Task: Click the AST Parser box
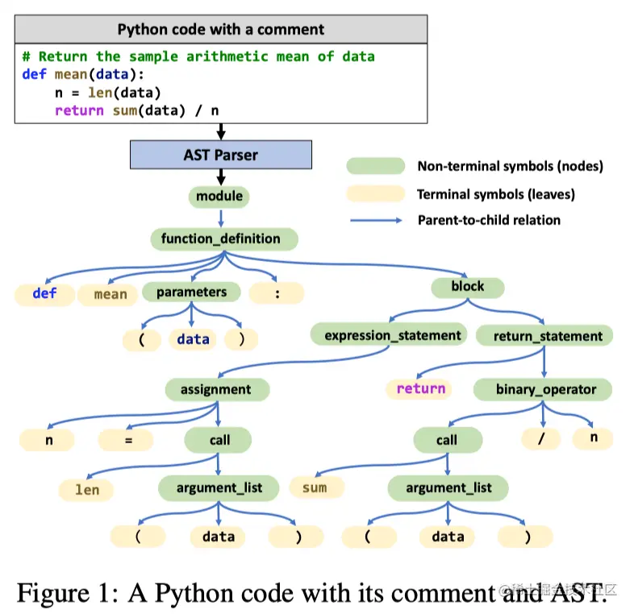[220, 155]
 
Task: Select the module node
[219, 196]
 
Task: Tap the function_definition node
[221, 239]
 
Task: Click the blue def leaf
[44, 293]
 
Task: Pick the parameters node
[192, 292]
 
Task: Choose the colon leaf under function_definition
[277, 293]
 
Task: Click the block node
[468, 286]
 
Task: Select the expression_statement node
[393, 335]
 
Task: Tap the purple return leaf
[421, 389]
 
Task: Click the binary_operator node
[546, 389]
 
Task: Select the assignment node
[215, 389]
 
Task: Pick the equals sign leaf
[127, 440]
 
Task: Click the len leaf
[87, 489]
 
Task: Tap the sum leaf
[315, 487]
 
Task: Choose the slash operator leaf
[541, 438]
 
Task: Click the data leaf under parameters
[193, 339]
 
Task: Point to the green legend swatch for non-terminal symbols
[375, 167]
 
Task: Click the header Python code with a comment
[221, 30]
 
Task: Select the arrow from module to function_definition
[220, 217]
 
